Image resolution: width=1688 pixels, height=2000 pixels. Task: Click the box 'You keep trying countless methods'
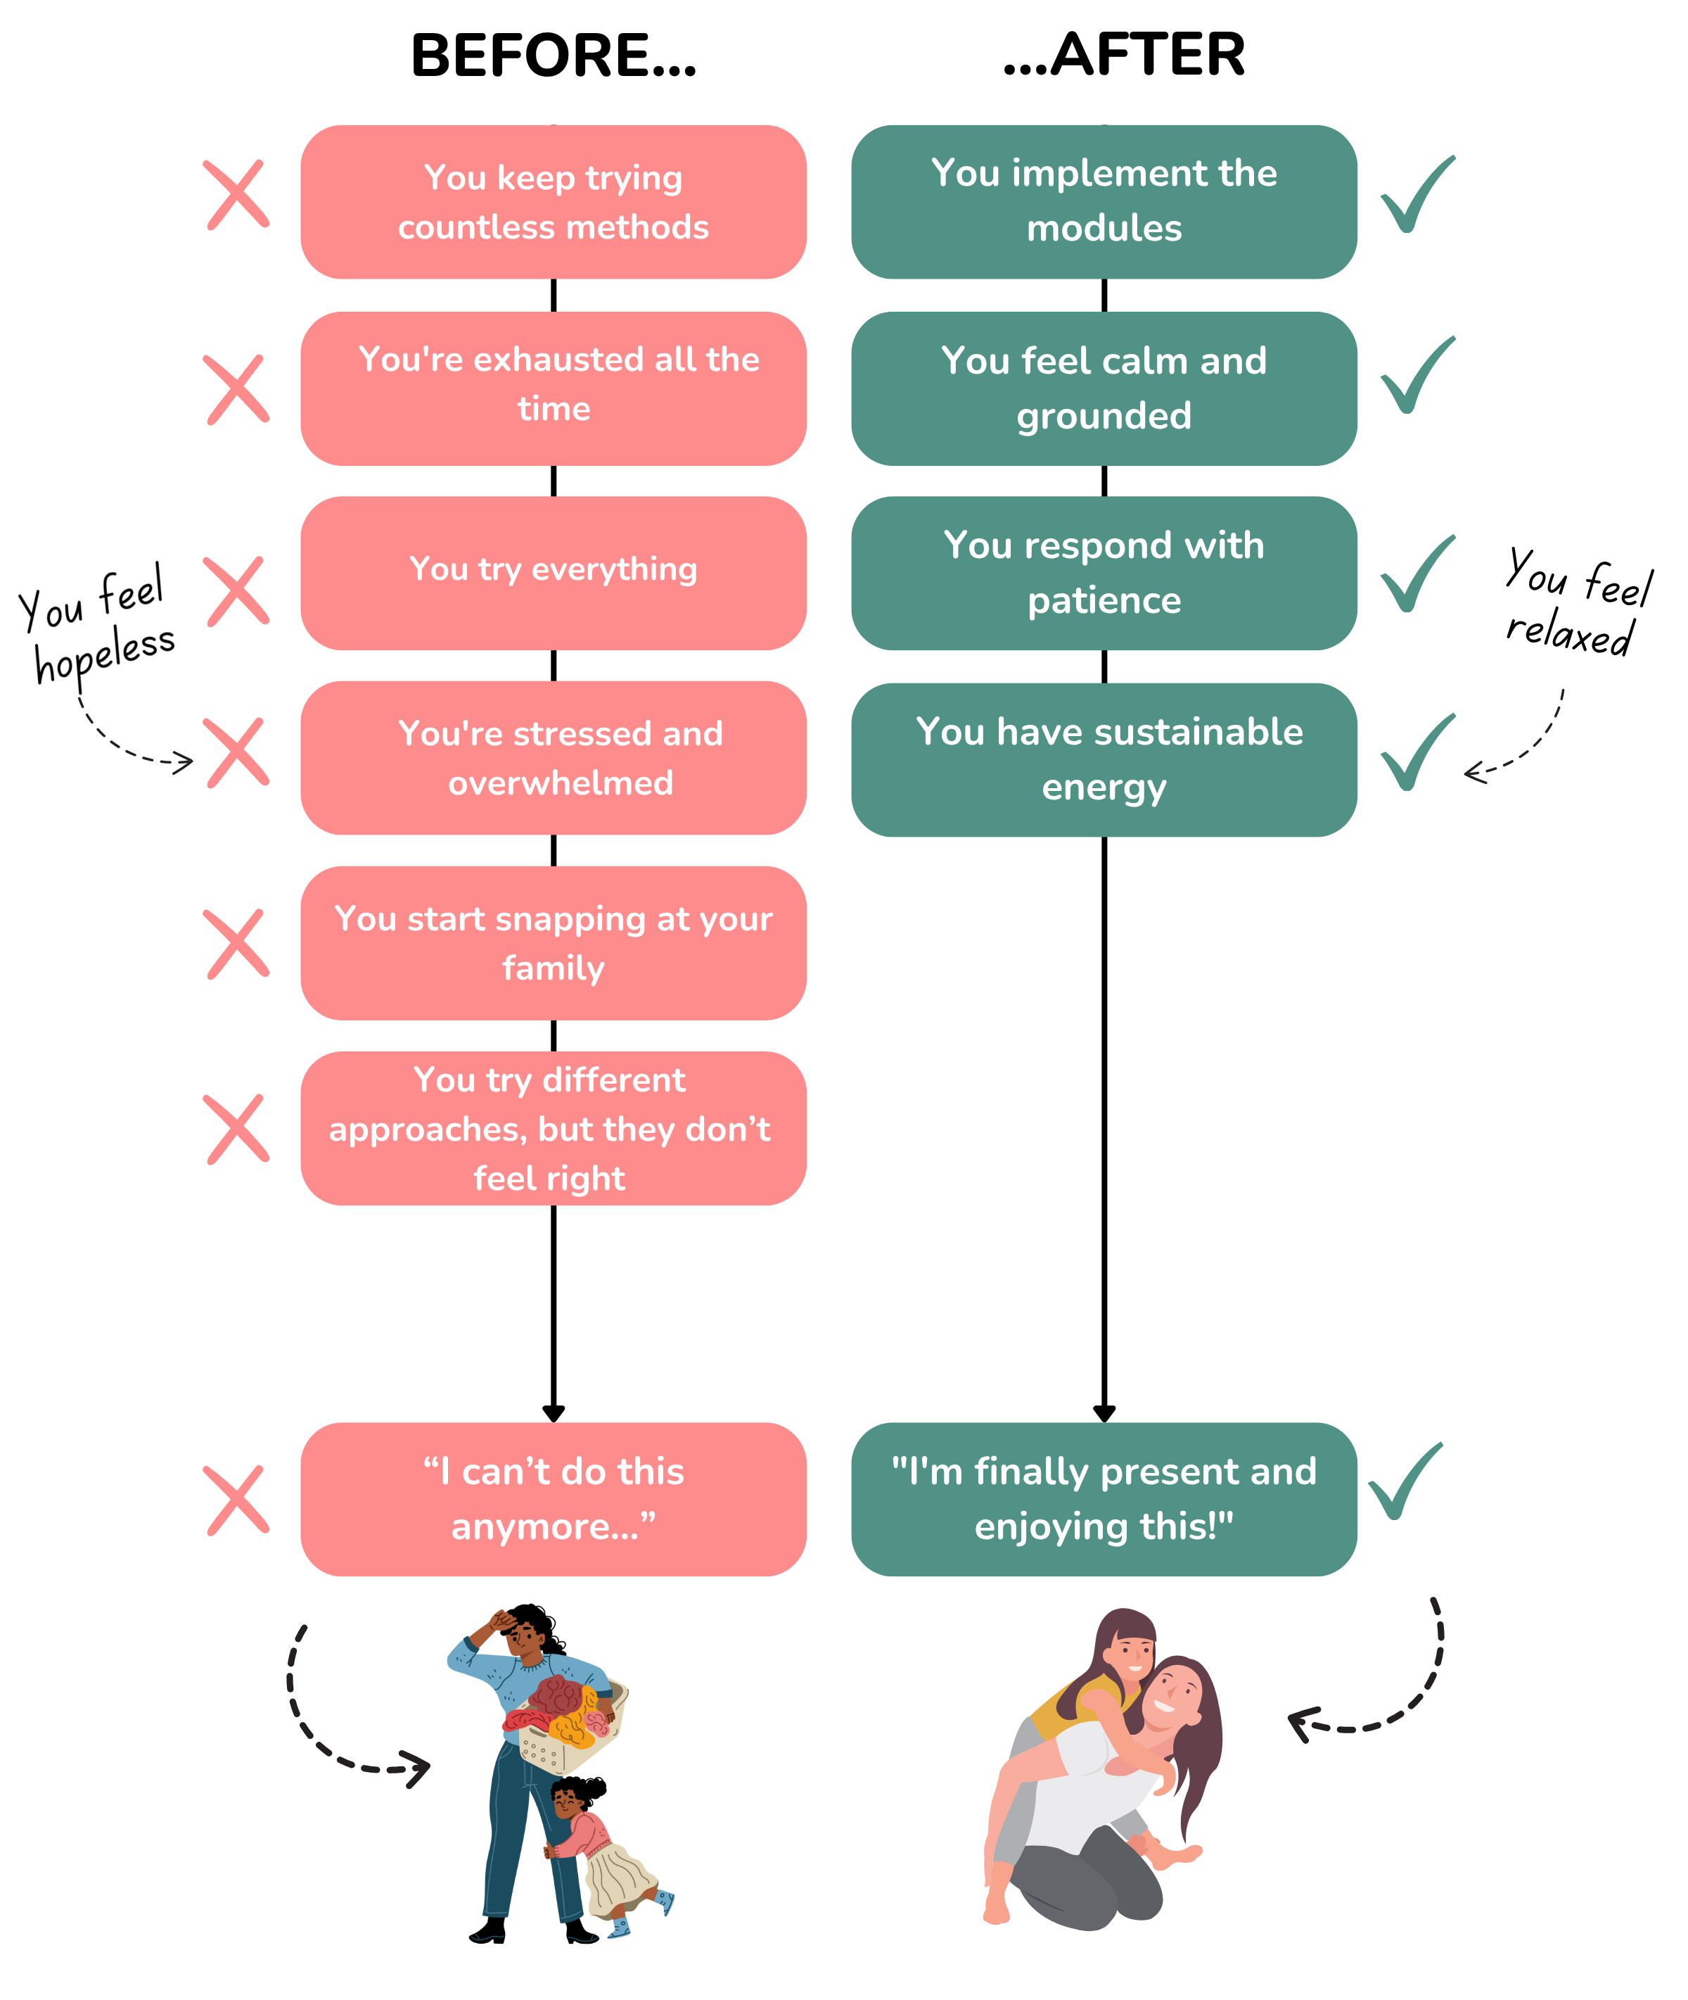point(553,202)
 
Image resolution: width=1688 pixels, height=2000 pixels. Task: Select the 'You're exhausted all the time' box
point(553,388)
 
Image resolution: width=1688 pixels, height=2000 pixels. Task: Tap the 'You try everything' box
point(553,573)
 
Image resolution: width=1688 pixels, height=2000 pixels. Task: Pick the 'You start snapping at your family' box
point(553,943)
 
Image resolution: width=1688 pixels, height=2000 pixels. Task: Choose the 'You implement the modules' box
point(1104,202)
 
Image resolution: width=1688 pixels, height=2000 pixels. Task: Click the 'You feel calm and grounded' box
point(1104,388)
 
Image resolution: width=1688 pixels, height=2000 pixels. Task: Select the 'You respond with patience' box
point(1104,573)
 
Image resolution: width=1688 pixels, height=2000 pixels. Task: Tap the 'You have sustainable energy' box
point(1104,759)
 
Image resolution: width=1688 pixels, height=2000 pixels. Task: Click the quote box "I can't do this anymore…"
point(553,1499)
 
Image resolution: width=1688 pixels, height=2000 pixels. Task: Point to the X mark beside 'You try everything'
point(236,590)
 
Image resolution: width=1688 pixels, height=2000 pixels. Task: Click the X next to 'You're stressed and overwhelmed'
point(236,752)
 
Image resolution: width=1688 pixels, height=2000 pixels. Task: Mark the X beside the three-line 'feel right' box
point(236,1129)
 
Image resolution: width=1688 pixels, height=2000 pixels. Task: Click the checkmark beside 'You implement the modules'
point(1417,196)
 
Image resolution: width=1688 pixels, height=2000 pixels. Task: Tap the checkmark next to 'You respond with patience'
point(1417,574)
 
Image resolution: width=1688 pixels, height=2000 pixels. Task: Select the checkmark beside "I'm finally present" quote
point(1404,1481)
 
